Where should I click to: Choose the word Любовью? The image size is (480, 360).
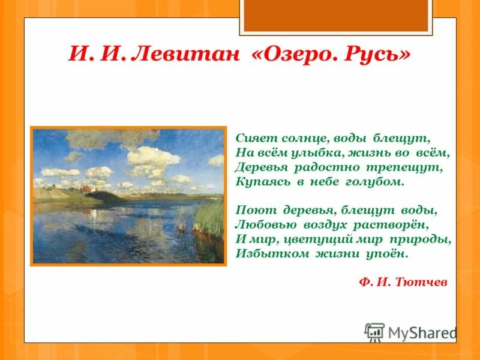coord(262,224)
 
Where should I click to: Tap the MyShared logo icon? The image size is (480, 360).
coord(374,332)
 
